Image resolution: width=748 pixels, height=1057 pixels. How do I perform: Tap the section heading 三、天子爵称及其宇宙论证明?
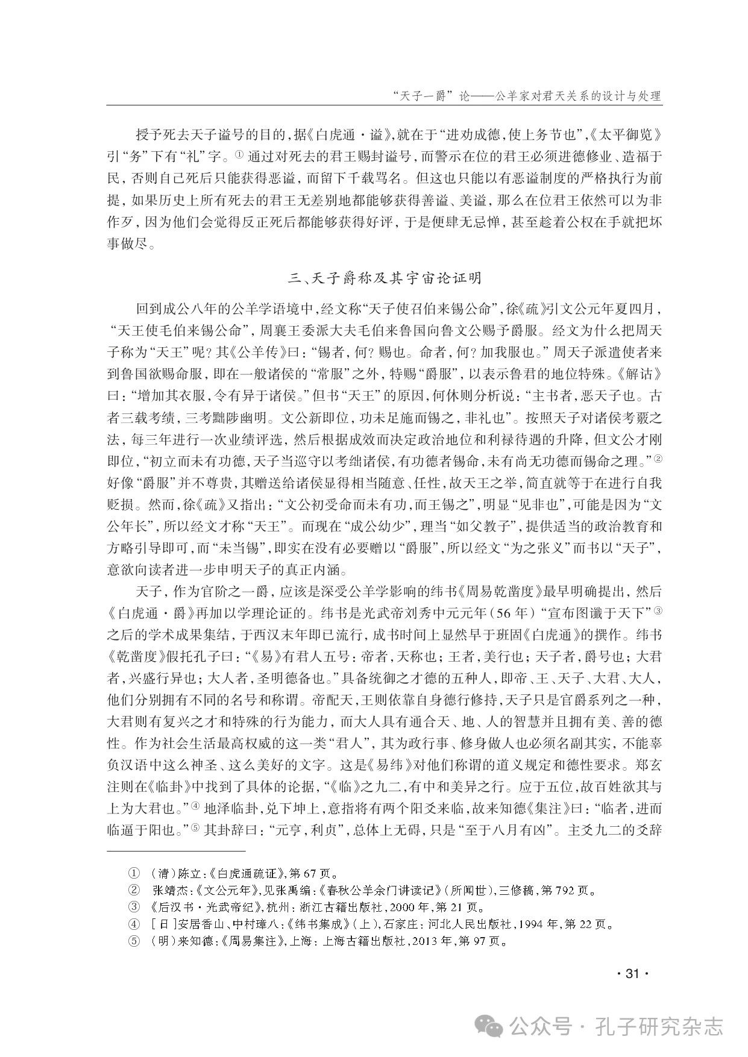coord(385,278)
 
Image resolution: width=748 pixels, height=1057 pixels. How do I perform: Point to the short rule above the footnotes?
coord(177,851)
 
